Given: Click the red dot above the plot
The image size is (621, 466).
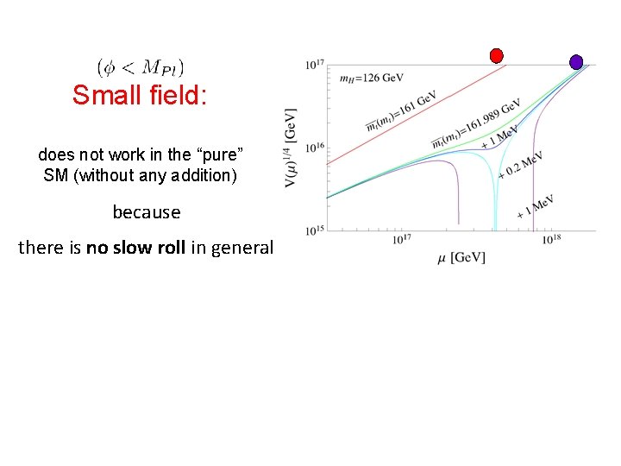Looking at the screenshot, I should pyautogui.click(x=496, y=55).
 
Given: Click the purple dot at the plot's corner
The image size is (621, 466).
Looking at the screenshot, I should pyautogui.click(x=576, y=62).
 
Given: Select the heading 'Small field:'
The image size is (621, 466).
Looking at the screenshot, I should pyautogui.click(x=140, y=95).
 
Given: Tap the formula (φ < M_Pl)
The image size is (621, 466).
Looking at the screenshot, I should pyautogui.click(x=141, y=66).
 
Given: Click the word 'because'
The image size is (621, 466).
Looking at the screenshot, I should pyautogui.click(x=147, y=212).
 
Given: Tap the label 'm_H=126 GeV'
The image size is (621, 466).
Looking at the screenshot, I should pyautogui.click(x=371, y=79).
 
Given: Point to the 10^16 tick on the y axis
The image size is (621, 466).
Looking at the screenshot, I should pyautogui.click(x=314, y=148).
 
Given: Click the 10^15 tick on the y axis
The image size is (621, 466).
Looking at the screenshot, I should pyautogui.click(x=314, y=230).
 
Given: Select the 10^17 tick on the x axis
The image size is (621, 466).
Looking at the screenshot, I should pyautogui.click(x=401, y=239).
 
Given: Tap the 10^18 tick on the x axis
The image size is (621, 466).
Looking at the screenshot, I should pyautogui.click(x=552, y=239).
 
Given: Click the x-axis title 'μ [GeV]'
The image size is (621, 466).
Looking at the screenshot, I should pyautogui.click(x=461, y=257).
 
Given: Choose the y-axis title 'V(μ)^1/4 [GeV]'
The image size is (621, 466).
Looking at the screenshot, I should pyautogui.click(x=291, y=148).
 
